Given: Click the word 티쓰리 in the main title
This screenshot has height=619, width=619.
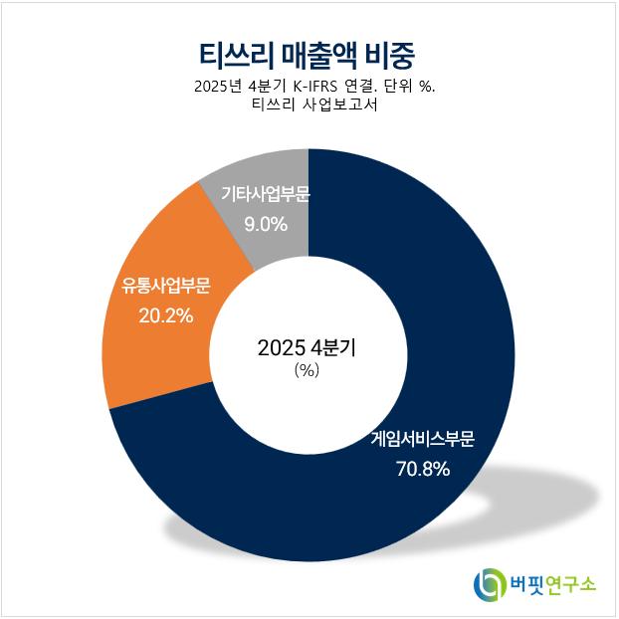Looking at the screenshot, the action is (237, 55).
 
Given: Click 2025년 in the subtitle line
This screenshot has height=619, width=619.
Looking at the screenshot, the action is (218, 86).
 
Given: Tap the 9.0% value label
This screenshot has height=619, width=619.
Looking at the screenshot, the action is (266, 224).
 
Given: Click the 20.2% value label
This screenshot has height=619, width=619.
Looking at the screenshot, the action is (166, 315).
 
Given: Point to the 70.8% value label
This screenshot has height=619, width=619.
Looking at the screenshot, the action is (423, 469).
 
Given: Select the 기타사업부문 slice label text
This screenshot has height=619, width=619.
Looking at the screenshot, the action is (266, 194).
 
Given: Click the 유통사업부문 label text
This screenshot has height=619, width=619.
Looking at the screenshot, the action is (166, 286).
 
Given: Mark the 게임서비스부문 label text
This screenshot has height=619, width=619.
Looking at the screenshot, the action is (423, 439).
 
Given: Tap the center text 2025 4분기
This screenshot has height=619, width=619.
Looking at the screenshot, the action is (307, 347).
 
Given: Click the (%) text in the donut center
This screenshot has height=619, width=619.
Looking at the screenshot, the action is (307, 370).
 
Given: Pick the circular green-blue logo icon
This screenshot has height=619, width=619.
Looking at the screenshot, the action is (490, 584).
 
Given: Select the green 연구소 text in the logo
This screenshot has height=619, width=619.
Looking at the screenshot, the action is (570, 584).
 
